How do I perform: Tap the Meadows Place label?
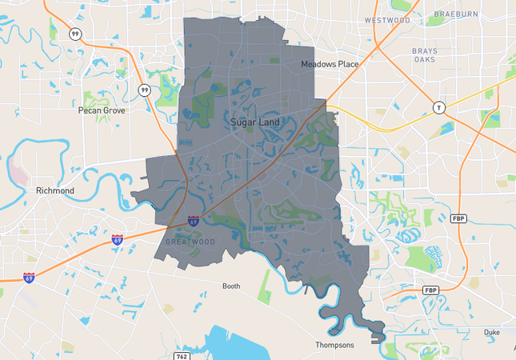[x=330, y=64]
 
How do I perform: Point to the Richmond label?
[x=55, y=191]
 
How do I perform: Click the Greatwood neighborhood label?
[x=190, y=241]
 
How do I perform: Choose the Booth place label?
[x=231, y=286]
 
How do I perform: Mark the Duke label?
[x=492, y=331]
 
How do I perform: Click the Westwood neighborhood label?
[x=387, y=20]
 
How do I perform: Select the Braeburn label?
[x=455, y=14]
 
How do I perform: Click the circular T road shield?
[x=438, y=107]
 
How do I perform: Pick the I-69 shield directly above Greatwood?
[x=194, y=220]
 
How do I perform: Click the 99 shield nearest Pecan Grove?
[x=145, y=90]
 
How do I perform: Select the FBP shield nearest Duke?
[x=430, y=290]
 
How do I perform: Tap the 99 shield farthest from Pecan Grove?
[x=74, y=34]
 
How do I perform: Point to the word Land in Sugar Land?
[x=267, y=123]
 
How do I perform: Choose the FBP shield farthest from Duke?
[x=458, y=218]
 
